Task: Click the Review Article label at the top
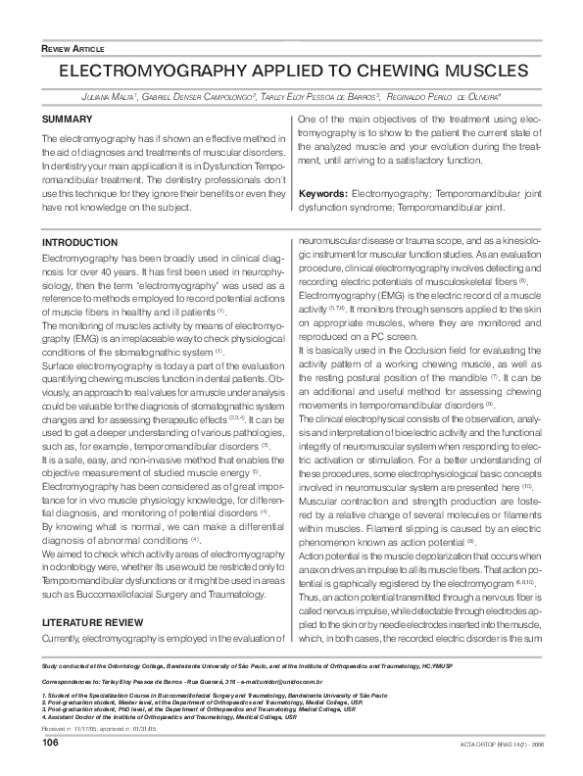point(74,48)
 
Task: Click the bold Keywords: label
point(321,195)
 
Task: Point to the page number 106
point(51,744)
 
